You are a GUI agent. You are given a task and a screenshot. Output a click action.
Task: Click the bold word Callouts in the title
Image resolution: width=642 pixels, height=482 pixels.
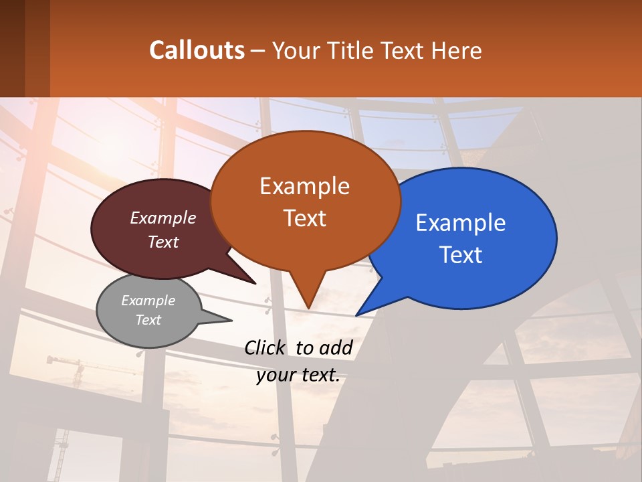click(x=197, y=50)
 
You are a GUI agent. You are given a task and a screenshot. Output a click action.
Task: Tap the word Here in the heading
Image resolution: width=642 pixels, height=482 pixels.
click(x=457, y=50)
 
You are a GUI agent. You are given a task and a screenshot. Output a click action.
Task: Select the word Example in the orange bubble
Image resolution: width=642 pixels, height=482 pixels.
click(x=304, y=186)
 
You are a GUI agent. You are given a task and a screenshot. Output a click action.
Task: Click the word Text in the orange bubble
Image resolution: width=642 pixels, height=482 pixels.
click(x=304, y=218)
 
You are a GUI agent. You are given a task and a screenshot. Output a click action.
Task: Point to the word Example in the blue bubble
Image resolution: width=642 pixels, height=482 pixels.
click(x=461, y=223)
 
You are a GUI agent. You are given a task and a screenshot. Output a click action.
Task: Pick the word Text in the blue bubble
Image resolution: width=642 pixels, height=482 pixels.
click(x=461, y=255)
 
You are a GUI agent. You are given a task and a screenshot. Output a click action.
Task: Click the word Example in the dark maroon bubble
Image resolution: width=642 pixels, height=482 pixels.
click(x=163, y=218)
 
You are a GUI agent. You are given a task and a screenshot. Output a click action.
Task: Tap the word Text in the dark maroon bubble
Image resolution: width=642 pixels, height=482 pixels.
click(x=163, y=242)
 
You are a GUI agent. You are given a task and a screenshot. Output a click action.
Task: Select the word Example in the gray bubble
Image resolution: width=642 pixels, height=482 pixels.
click(x=148, y=301)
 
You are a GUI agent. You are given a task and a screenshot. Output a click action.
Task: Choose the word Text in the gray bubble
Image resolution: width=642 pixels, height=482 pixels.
click(x=148, y=319)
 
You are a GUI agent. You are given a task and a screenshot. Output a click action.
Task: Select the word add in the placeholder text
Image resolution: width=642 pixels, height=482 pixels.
click(x=336, y=347)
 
